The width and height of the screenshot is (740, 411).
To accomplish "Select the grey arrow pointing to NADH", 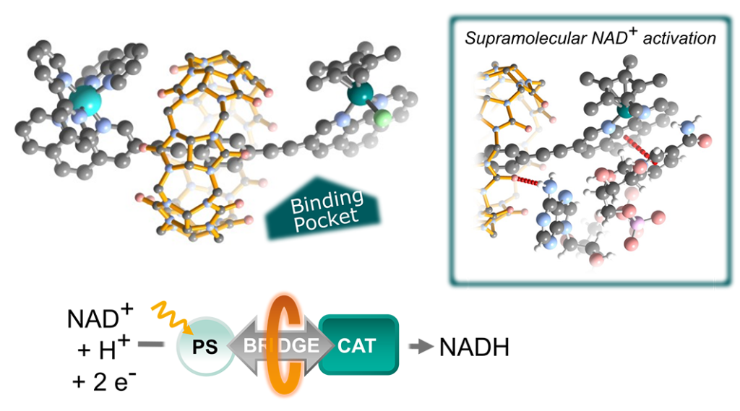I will point(418,347).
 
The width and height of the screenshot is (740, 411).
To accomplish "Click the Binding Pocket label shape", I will point(322,209).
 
